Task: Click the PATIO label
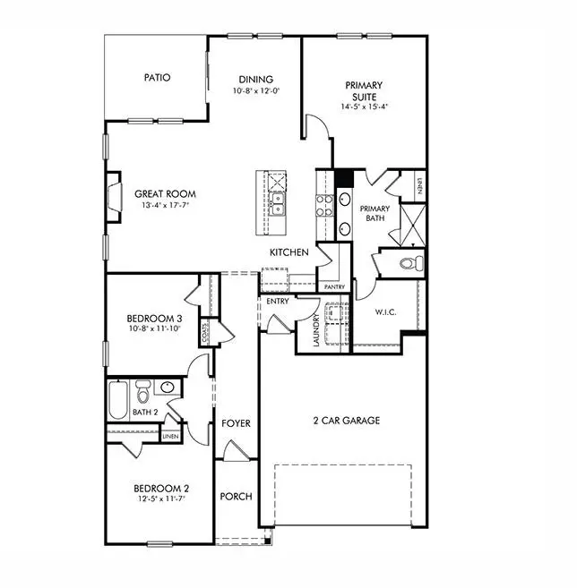point(157,78)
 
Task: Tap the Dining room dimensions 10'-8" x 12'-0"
point(255,91)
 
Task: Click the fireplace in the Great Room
point(114,196)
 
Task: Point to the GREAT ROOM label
point(165,193)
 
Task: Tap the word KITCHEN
point(289,252)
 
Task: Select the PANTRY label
point(335,287)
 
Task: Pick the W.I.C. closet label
point(386,312)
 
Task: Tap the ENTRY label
point(277,302)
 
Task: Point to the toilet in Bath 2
point(143,392)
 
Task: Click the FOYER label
point(237,423)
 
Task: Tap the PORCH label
point(237,497)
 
